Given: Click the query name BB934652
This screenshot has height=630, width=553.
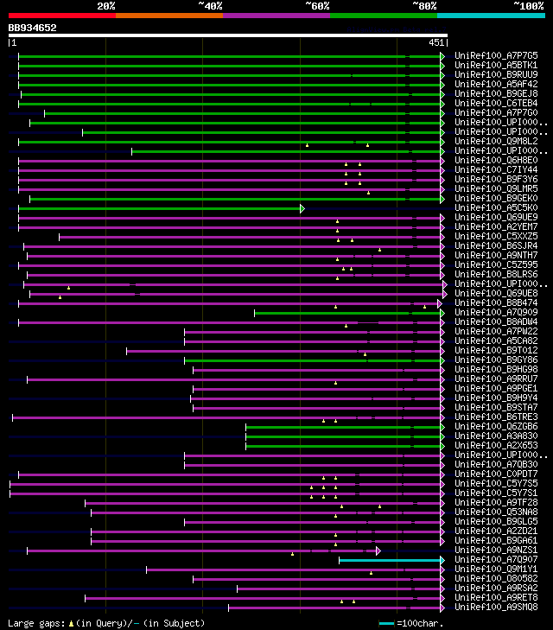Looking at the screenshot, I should click(33, 28).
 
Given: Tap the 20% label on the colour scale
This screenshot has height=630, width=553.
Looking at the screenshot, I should click(106, 5).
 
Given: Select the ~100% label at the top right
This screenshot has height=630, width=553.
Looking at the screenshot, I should click(528, 5).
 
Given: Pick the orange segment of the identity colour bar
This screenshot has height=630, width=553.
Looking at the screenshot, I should click(168, 15).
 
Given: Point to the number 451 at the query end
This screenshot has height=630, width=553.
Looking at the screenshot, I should click(435, 42).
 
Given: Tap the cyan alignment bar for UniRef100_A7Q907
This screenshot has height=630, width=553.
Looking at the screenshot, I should click(389, 560).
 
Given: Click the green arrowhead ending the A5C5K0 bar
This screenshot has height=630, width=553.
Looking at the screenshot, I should click(302, 208).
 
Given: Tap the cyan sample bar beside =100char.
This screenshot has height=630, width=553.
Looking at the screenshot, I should click(385, 623).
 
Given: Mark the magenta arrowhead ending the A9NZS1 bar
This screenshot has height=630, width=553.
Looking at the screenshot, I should click(378, 550).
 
